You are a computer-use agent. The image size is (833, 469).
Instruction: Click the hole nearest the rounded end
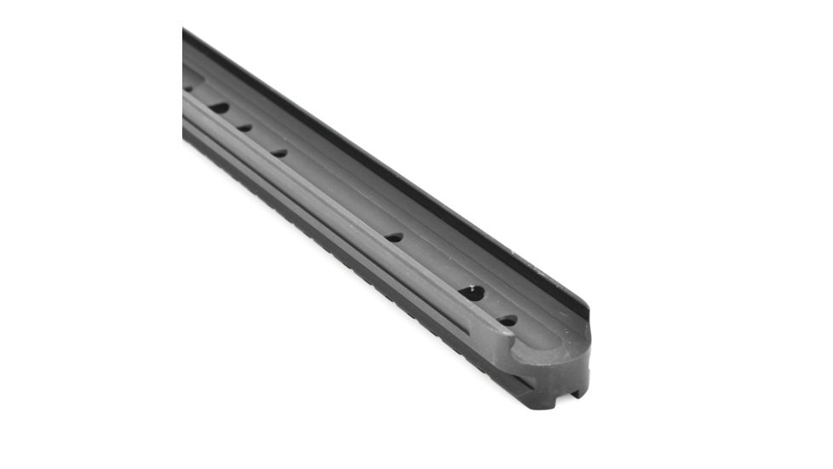(508, 321)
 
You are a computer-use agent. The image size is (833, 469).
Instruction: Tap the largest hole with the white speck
(471, 293)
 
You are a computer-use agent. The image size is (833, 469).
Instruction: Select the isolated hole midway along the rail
(394, 237)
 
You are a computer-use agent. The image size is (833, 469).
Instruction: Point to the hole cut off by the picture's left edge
(187, 88)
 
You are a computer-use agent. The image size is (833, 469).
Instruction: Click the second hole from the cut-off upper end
(219, 108)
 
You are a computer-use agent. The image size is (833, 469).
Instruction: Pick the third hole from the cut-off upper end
(244, 128)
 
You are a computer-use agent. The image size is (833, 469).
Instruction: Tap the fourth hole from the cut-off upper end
(279, 153)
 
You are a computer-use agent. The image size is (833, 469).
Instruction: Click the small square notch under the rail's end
(577, 393)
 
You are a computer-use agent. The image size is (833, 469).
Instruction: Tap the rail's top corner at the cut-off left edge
(185, 31)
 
